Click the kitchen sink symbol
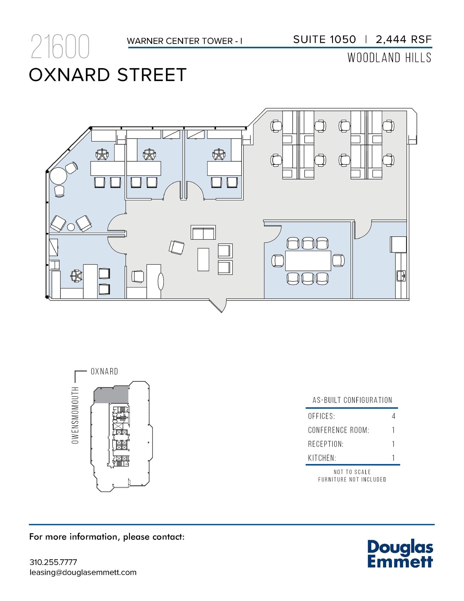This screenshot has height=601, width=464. tap(401, 276)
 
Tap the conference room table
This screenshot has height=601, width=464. tap(308, 261)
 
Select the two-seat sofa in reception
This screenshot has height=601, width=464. tap(203, 232)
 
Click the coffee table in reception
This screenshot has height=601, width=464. tap(203, 259)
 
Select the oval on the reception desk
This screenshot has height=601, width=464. tap(161, 281)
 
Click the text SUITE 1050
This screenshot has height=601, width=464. tap(324, 39)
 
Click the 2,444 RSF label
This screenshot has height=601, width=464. tap(404, 39)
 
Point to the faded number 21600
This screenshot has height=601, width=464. tap(60, 47)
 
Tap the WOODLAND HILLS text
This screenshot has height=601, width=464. tap(389, 58)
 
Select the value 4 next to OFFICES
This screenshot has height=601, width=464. tap(393, 416)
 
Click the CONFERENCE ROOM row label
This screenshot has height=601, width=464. tap(338, 430)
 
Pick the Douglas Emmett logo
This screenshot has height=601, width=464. tap(400, 553)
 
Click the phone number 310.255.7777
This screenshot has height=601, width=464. tap(53, 562)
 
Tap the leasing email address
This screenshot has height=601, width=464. tap(83, 573)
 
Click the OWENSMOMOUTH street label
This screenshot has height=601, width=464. tap(75, 415)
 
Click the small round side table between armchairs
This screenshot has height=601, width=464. tap(71, 227)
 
